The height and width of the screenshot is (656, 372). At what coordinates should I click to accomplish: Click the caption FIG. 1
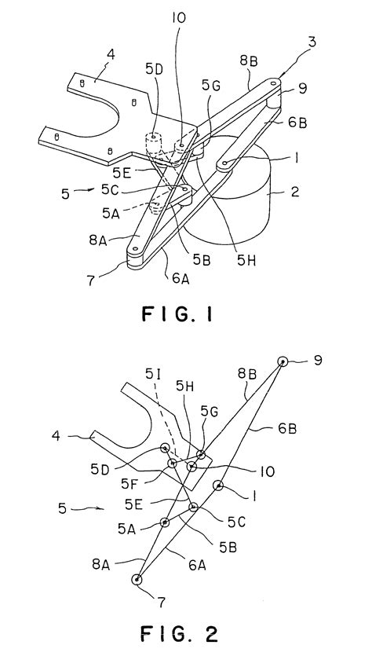tap(177, 313)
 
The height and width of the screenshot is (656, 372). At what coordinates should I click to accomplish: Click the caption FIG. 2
tap(179, 634)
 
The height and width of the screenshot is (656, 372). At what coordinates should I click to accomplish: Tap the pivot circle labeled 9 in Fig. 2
tap(283, 361)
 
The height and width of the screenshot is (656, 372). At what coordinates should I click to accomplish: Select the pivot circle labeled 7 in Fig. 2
tap(137, 580)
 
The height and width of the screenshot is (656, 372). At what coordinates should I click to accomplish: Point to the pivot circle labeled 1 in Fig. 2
tap(218, 486)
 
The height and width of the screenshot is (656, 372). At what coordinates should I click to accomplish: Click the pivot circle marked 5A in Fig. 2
tap(165, 522)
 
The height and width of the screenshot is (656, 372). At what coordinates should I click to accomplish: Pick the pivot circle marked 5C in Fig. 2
tap(193, 507)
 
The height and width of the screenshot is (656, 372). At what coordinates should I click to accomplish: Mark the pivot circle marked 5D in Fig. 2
tap(165, 448)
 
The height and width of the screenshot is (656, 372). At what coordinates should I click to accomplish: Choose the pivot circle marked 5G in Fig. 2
tap(202, 454)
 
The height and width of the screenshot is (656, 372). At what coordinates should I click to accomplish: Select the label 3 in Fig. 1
tap(312, 42)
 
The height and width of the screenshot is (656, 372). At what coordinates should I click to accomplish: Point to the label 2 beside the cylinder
tap(295, 192)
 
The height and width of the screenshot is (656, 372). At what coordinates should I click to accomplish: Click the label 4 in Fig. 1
tap(111, 54)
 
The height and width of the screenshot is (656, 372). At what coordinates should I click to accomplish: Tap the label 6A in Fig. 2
tap(197, 565)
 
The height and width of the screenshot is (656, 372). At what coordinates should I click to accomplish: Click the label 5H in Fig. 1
tap(246, 260)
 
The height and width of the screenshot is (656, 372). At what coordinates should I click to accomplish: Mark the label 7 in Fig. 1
tap(91, 280)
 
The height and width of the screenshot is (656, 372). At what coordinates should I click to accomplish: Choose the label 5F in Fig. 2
tap(129, 484)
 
